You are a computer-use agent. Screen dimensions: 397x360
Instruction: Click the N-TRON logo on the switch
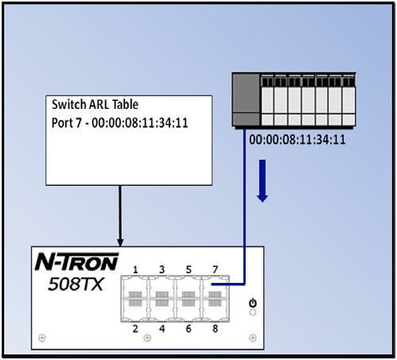[76, 261]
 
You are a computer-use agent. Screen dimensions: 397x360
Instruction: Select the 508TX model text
[76, 285]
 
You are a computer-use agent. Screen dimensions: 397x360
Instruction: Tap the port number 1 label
[135, 269]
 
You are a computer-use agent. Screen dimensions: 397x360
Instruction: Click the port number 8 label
[215, 329]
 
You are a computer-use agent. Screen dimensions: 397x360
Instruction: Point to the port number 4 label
[162, 329]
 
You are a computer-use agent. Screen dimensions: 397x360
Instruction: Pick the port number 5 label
[189, 269]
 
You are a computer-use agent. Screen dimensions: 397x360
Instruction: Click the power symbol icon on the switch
[253, 303]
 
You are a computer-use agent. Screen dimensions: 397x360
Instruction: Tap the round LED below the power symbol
[253, 312]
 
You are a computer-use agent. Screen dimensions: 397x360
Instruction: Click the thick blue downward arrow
[263, 181]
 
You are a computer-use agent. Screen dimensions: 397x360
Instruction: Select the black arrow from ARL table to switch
[120, 216]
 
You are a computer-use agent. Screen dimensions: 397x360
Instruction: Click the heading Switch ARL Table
[95, 104]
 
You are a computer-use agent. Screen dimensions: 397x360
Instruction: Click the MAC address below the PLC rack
[298, 140]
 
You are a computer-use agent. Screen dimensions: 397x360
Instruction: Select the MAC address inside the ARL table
[140, 123]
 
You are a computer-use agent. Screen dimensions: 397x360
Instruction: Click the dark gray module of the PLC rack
[246, 99]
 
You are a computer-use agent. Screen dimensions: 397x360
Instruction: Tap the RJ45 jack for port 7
[216, 288]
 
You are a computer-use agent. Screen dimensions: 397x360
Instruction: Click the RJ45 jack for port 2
[135, 310]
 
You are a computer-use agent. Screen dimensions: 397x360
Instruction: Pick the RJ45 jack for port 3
[162, 288]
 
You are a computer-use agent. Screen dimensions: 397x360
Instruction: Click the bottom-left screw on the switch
[42, 338]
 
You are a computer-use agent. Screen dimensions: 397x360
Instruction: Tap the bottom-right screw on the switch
[253, 338]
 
